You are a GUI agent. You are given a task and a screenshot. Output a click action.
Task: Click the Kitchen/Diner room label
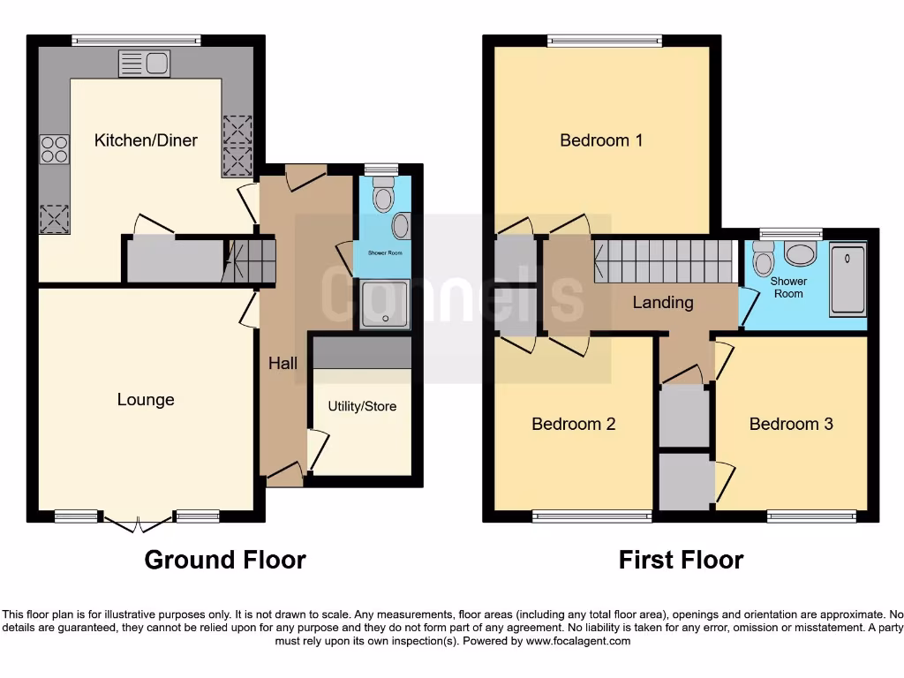pos(146,140)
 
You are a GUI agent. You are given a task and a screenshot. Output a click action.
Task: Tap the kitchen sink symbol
pos(144,64)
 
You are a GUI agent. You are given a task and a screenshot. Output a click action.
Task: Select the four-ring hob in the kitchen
pos(55,148)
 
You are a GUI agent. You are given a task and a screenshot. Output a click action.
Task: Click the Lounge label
pos(146,400)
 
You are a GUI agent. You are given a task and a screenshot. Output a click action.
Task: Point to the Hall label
pos(283,363)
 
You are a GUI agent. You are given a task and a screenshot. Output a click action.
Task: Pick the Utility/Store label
pos(362,406)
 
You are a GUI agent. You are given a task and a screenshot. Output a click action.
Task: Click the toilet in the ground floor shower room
pos(383,196)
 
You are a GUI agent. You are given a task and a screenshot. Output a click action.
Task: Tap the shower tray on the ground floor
pos(385,304)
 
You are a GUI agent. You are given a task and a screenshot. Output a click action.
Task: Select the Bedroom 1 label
pos(601,140)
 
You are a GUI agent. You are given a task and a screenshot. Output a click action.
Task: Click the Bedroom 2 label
pos(573,424)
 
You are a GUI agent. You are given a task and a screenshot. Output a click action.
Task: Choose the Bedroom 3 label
pos(791,424)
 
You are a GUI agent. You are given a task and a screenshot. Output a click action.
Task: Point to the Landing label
pos(663,303)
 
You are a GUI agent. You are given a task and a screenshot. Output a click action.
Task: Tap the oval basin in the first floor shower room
pos(802,255)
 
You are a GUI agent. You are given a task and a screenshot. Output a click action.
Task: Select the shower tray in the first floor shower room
pos(848,281)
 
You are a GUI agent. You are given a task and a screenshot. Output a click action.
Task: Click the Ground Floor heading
pos(225,560)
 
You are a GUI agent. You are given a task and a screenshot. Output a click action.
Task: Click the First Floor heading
pos(681,560)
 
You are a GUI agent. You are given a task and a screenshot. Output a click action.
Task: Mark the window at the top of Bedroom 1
pos(605,40)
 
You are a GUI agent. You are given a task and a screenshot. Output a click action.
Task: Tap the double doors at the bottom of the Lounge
pos(138,524)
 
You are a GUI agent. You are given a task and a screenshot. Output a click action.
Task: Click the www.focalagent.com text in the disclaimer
pos(580,641)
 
